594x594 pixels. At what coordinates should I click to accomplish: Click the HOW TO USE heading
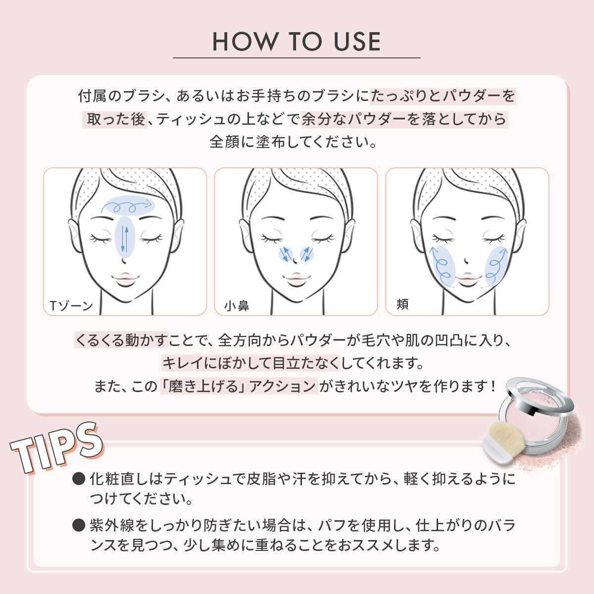297,42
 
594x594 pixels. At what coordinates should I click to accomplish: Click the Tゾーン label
71,306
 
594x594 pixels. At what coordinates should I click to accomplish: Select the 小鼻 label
237,306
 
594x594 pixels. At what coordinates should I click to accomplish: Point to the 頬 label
402,304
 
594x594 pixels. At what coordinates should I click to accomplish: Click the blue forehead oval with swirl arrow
128,205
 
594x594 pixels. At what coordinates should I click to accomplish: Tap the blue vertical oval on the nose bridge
125,237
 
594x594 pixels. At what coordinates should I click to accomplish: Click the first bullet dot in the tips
79,479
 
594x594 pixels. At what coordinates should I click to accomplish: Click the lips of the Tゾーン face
125,279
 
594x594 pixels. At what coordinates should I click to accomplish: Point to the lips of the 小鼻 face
296,279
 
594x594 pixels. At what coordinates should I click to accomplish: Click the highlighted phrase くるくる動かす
121,340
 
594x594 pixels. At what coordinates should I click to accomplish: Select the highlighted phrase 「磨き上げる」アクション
239,386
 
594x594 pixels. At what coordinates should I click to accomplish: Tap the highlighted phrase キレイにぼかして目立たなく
251,363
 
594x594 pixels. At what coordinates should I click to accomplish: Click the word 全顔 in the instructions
224,142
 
